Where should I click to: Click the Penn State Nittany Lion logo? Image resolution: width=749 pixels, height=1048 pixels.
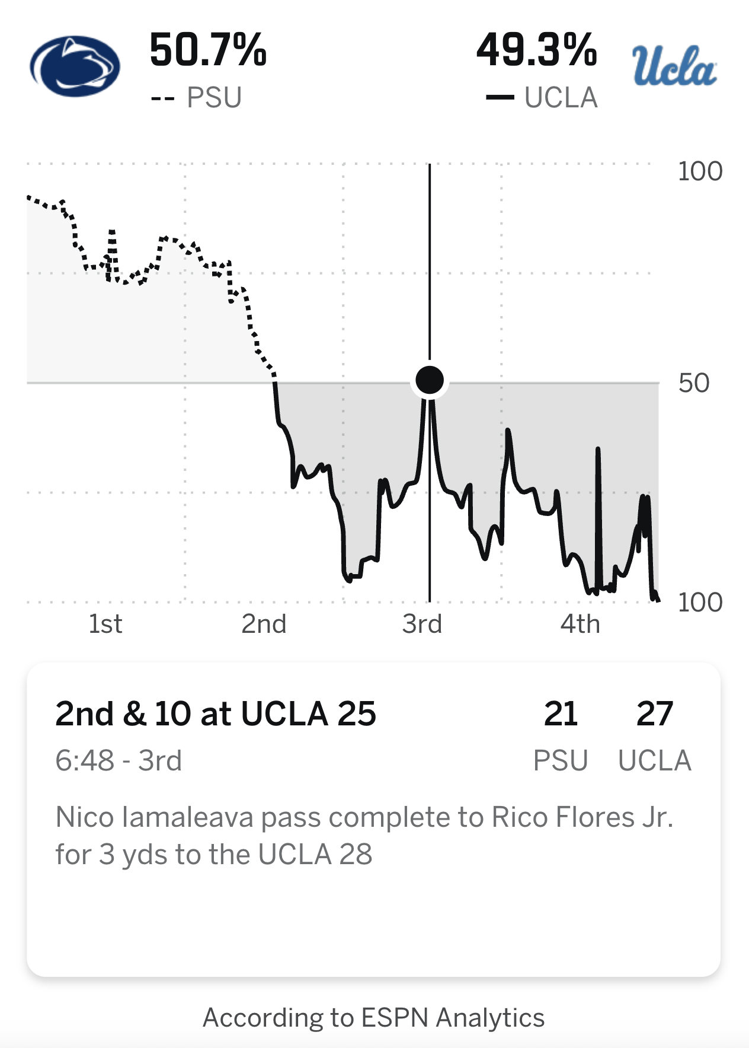coord(75,66)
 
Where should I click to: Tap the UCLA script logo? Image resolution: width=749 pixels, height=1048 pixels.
coord(674,65)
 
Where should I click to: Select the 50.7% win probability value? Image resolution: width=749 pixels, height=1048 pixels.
coord(208,50)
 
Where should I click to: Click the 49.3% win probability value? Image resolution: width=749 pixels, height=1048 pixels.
coord(536,50)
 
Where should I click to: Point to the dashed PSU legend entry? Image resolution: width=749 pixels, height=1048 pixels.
coord(197,98)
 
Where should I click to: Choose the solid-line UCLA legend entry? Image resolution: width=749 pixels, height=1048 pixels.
coord(542,98)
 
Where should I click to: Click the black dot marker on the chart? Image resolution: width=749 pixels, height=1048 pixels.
coord(430,380)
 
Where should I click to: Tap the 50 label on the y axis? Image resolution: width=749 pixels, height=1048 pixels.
coord(694,383)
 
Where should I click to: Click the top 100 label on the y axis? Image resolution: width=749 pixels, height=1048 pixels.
coord(700,171)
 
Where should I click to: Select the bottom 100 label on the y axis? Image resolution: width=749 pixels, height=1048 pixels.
coord(700,603)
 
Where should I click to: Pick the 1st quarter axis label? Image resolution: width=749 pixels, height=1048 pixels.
coord(105,624)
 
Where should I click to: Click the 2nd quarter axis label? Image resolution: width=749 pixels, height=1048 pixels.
coord(264,624)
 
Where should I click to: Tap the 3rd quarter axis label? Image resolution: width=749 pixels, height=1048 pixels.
coord(422,624)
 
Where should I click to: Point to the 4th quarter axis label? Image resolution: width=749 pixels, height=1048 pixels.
coord(580,624)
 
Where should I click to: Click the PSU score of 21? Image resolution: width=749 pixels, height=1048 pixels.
coord(561,713)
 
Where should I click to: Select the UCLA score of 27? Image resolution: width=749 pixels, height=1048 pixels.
coord(654,713)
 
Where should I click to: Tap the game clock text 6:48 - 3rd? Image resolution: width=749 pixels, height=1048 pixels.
coord(119,760)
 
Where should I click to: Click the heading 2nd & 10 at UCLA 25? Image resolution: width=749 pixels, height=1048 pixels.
coord(216,713)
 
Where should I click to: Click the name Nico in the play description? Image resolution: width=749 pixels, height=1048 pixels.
coord(84,817)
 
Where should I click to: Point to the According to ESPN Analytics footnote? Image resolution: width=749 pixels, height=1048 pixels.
coord(374,1018)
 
